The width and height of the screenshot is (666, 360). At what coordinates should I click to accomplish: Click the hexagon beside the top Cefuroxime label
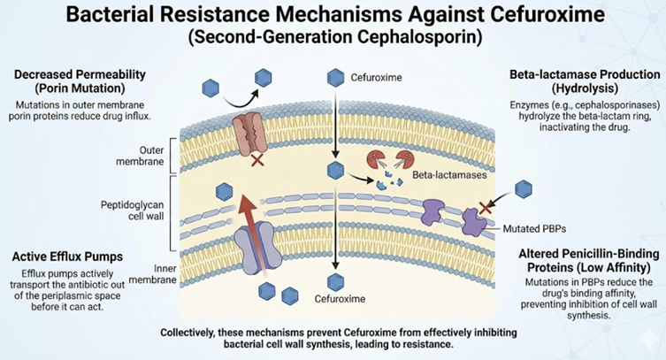coord(335,77)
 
